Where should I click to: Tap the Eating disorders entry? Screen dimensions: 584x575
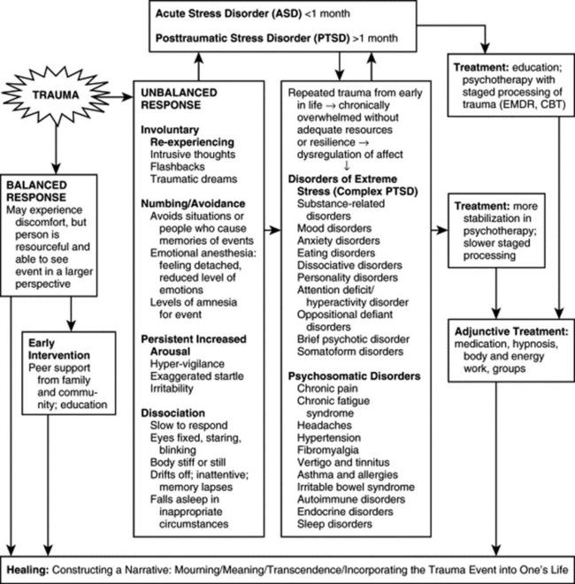[334, 251]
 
